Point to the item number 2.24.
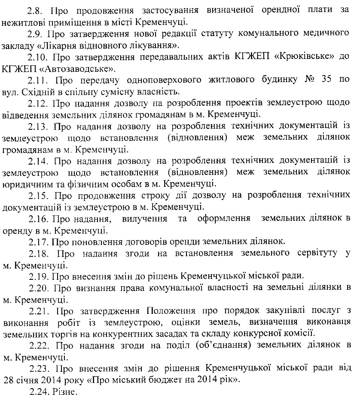pos(37,391)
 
